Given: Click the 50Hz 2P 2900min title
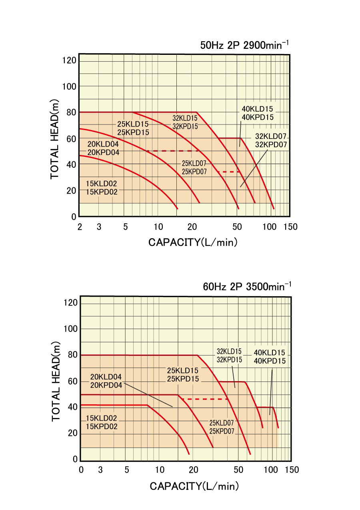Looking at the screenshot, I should pos(244,45).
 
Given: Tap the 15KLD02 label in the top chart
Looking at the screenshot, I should pos(101,184).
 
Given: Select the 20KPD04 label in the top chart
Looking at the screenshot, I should pos(103,153).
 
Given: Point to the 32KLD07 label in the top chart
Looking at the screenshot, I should pos(271,136).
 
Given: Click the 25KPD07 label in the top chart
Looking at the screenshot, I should pos(194,172).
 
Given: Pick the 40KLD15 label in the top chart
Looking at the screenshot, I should pos(258,109).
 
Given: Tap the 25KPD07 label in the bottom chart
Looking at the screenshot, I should pos(222,432).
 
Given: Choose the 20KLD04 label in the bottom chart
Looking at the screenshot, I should pos(106,377).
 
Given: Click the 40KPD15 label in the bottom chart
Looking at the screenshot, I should pos(270,361).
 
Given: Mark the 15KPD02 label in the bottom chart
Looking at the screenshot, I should pos(102,427).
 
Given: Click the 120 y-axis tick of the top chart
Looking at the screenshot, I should pos(69,60).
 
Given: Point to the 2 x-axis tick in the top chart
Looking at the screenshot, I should pos(80,227).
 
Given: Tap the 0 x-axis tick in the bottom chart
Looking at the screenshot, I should pos(82,470).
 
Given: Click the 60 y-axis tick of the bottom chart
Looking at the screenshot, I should pos(71,381).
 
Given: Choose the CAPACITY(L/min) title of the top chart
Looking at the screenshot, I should pos(193,242).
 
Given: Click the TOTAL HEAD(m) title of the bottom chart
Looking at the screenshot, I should pos(56,381).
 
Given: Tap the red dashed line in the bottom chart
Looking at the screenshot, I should pos(204,399).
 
